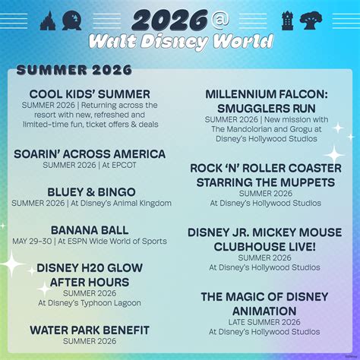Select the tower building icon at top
(288, 18)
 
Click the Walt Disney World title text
(180, 39)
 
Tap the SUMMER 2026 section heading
(74, 71)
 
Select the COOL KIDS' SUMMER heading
(90, 93)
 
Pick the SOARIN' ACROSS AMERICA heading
(90, 154)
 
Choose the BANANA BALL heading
(90, 230)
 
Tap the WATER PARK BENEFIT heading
(90, 330)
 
